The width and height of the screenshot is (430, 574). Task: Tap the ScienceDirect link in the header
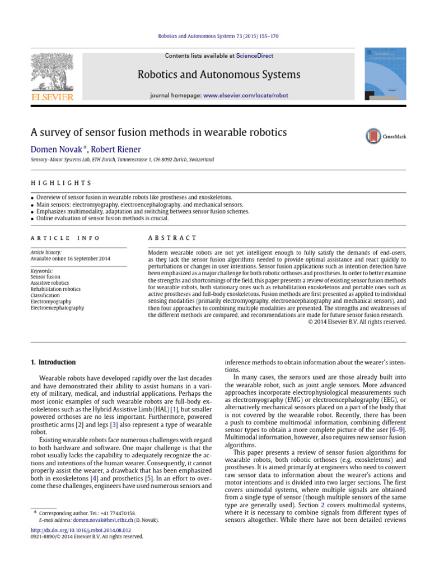pos(253,56)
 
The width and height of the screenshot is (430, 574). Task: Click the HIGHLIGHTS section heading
pos(60,183)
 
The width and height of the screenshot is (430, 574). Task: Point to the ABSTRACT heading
pos(172,238)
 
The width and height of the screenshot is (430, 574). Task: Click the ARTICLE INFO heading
pos(65,238)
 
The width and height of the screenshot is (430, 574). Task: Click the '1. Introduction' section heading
pos(53,362)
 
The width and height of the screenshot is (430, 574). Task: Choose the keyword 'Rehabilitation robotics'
pos(55,289)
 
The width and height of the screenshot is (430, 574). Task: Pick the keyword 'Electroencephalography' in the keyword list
pos(57,308)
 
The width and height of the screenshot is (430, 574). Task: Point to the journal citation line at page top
pos(215,36)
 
